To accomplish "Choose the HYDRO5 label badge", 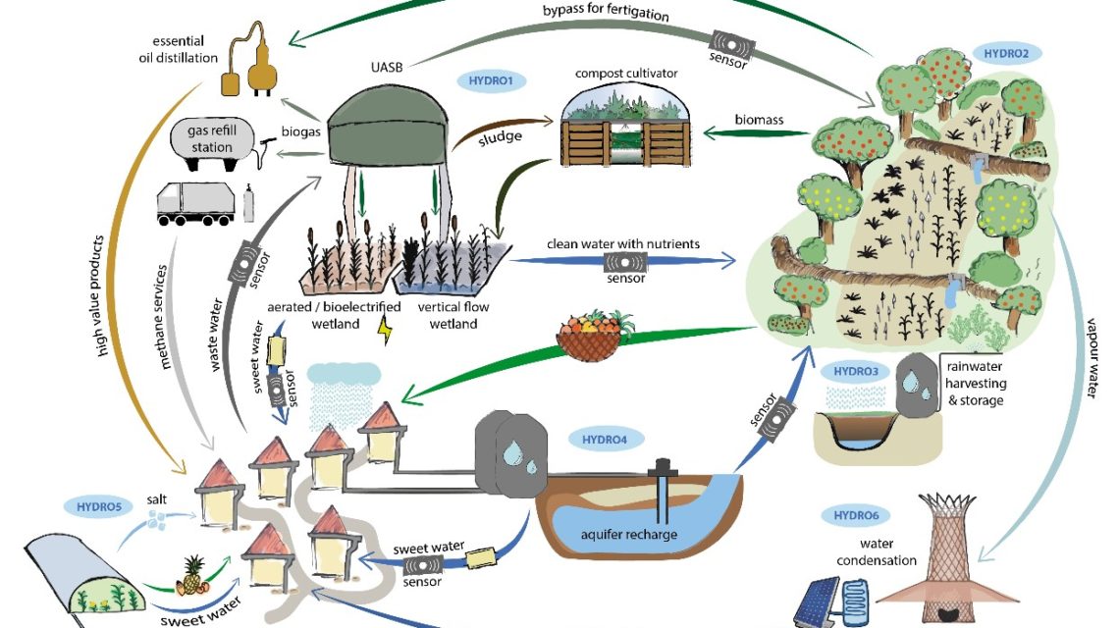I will [x=98, y=506].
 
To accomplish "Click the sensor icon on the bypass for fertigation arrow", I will [x=730, y=44].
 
